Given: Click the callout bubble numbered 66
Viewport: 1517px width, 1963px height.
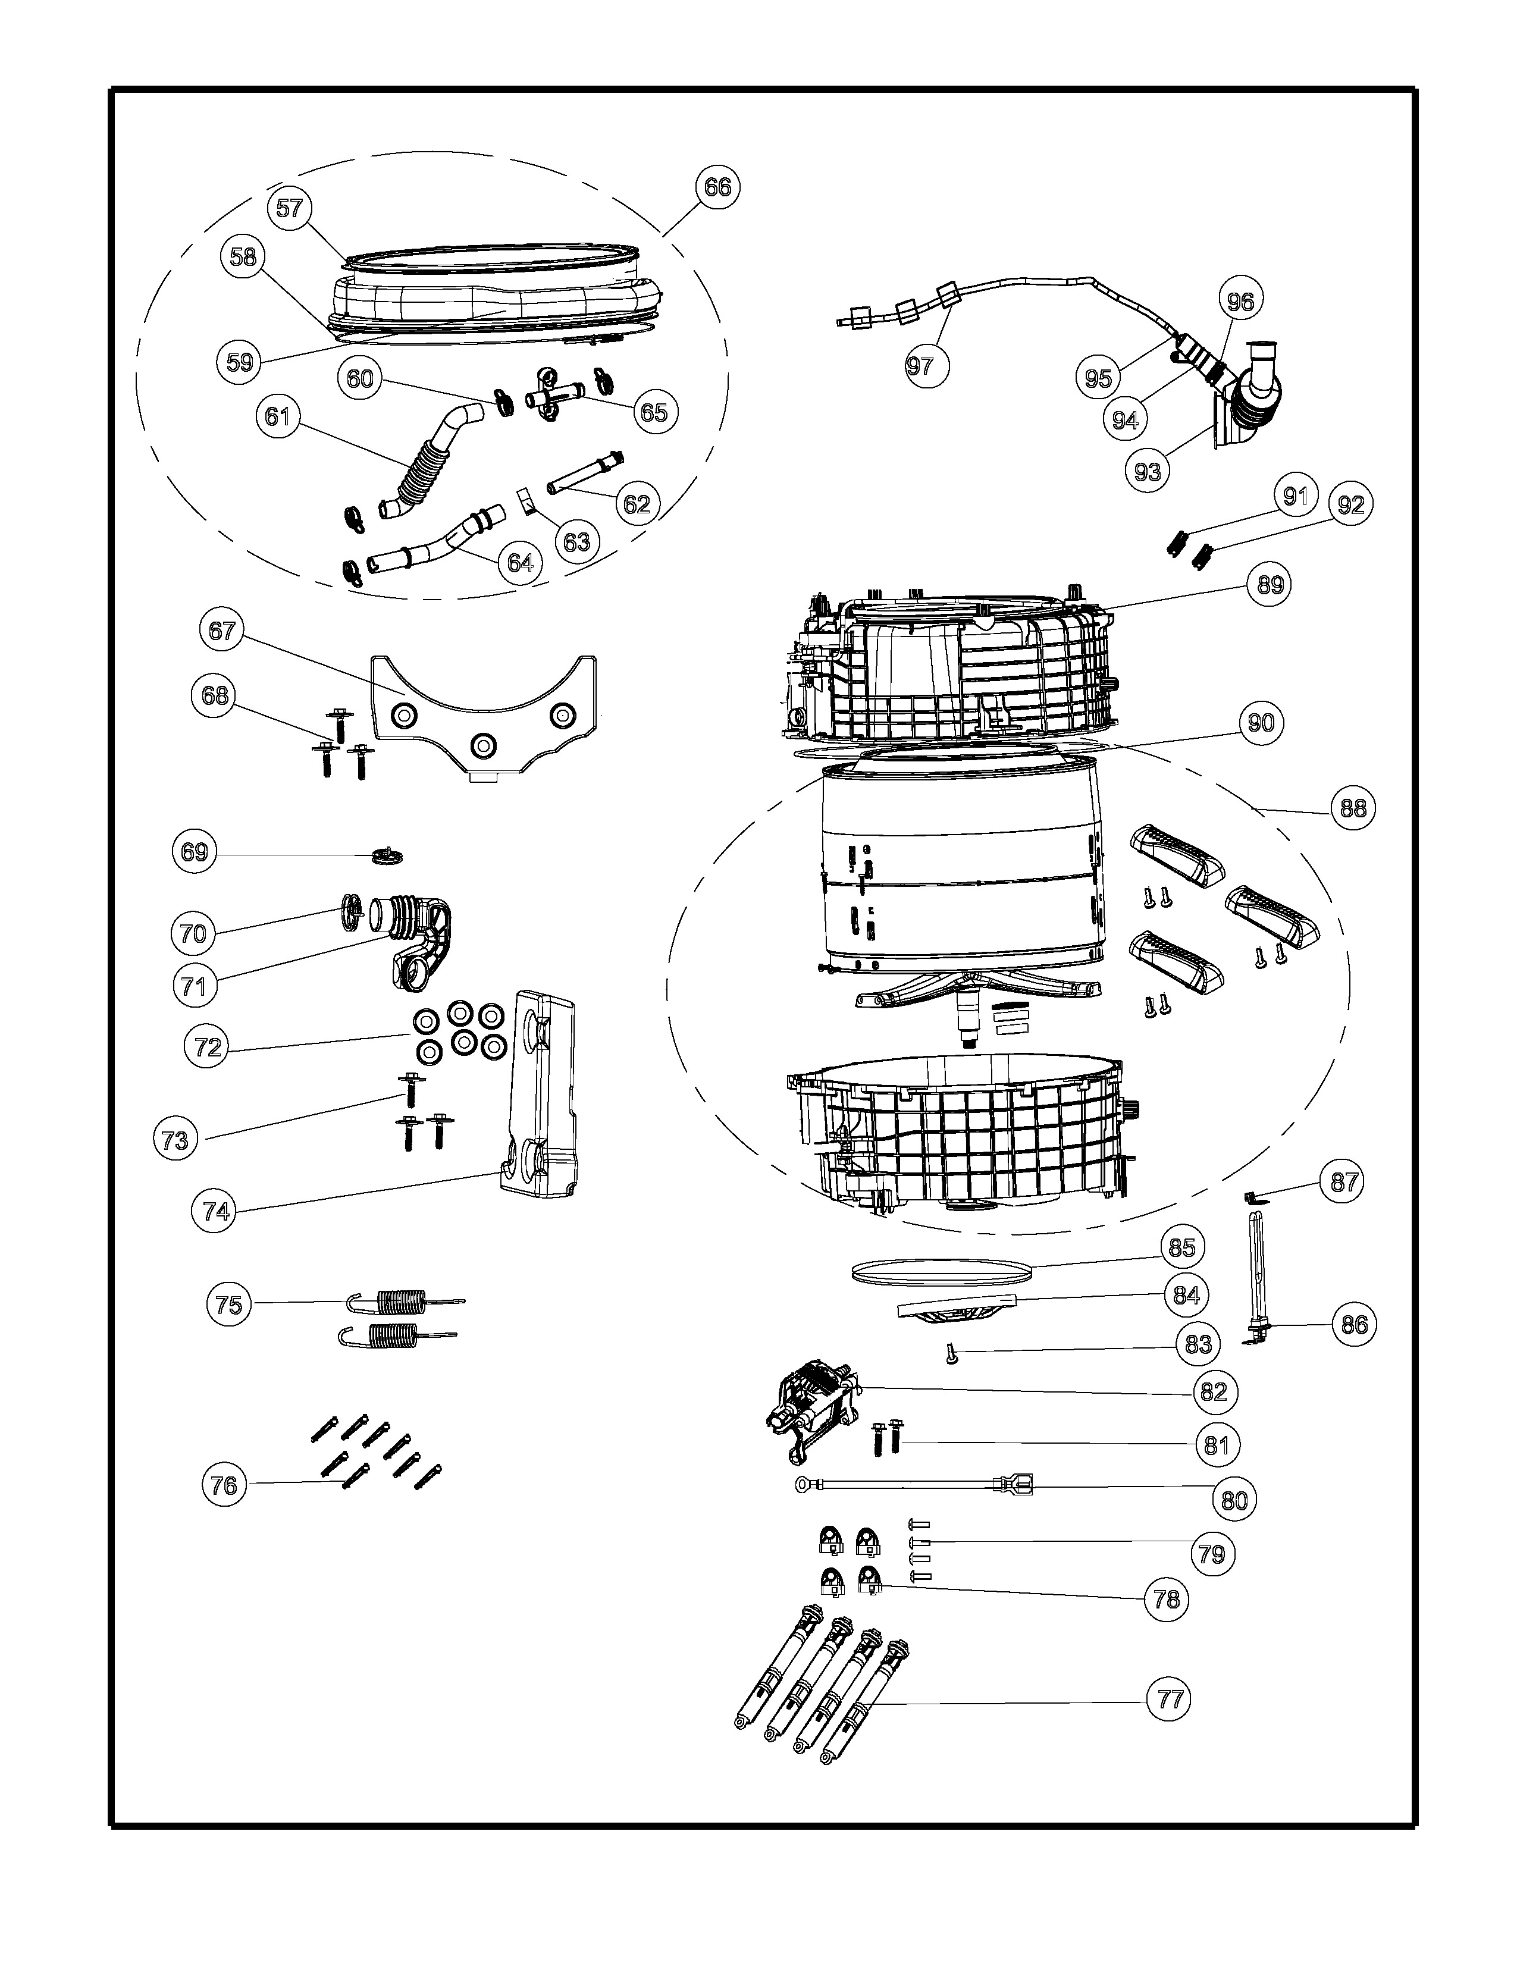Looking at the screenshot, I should [717, 188].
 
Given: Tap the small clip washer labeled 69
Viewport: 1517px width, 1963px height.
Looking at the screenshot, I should [387, 853].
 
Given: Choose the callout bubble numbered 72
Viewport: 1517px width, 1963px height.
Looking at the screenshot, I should [208, 1047].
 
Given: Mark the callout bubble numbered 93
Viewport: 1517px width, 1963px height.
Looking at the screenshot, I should [1148, 471].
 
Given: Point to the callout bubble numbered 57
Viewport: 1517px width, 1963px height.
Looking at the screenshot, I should [289, 209].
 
